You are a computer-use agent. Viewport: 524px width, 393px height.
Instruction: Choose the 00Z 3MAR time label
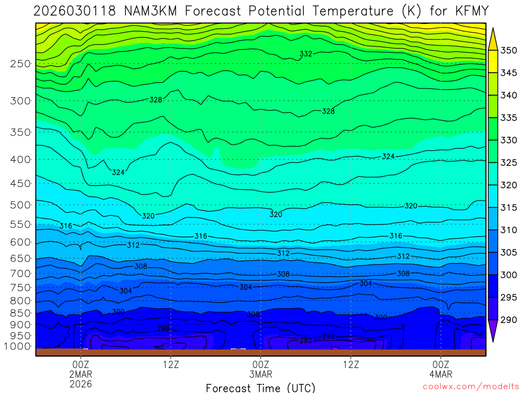coord(260,369)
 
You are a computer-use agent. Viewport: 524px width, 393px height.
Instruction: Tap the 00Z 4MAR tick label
coord(441,369)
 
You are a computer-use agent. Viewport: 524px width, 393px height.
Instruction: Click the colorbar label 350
coord(509,50)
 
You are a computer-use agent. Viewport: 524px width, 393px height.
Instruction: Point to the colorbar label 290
coord(509,320)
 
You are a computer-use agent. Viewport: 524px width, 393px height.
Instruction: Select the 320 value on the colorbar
coord(509,185)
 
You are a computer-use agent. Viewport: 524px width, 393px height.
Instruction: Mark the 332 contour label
coord(306,54)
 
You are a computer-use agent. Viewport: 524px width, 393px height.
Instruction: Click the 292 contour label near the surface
coord(305,340)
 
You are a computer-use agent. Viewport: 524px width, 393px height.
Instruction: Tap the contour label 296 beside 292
coord(328,337)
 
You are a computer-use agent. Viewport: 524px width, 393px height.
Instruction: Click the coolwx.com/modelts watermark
coord(470,387)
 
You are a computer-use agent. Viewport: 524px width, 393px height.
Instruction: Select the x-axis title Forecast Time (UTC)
coord(260,387)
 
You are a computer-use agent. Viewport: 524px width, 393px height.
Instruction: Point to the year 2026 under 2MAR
coord(80,383)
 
